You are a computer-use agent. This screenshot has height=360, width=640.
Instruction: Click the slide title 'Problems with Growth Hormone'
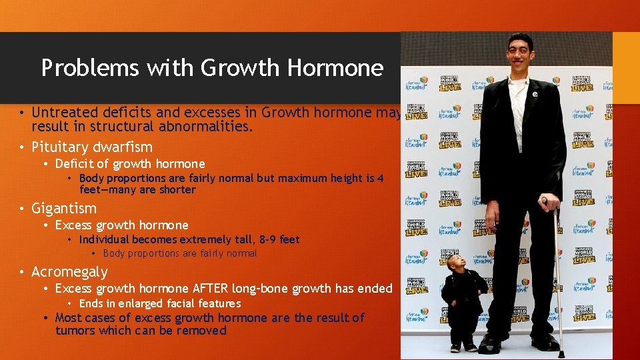(x=212, y=68)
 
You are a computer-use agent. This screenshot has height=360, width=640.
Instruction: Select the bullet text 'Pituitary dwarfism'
(x=92, y=147)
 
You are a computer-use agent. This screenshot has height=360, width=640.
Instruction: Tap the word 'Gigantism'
(x=64, y=208)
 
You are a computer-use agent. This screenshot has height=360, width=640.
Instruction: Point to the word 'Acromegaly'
(x=69, y=271)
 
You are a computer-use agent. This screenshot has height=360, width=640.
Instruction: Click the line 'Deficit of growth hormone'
(x=130, y=164)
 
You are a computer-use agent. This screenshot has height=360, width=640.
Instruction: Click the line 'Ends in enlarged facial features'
(x=160, y=303)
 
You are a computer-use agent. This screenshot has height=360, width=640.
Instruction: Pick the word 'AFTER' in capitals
(x=210, y=288)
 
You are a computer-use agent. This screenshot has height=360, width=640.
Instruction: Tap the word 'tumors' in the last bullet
(x=75, y=331)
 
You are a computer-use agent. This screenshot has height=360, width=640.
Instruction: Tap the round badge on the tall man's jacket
(x=535, y=94)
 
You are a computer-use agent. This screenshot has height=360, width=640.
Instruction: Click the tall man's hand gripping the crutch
(x=549, y=204)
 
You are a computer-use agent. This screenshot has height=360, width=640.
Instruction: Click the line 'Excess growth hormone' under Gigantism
(x=122, y=225)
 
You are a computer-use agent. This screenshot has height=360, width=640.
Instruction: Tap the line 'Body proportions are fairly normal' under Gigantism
(x=180, y=253)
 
